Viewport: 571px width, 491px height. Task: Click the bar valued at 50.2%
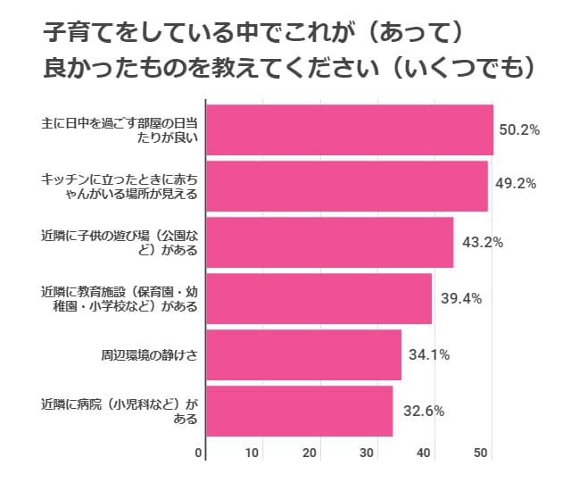(x=350, y=130)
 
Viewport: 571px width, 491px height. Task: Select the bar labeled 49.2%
(x=347, y=186)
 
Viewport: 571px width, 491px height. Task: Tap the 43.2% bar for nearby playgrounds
(x=330, y=242)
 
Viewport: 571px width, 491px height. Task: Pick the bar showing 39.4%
(x=319, y=298)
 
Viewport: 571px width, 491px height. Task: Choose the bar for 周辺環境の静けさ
(x=303, y=354)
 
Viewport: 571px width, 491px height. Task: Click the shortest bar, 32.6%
(x=299, y=411)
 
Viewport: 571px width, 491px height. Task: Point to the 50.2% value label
(x=519, y=130)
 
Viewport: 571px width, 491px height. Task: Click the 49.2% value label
(x=515, y=185)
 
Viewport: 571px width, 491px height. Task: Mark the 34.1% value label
(x=428, y=354)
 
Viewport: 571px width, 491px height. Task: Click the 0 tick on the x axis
(x=199, y=453)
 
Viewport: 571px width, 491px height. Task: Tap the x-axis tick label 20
(x=310, y=453)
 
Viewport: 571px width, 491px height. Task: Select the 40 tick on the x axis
(x=425, y=453)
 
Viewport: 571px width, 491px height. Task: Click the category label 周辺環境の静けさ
(x=148, y=354)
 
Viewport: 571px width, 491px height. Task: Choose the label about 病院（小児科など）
(x=124, y=411)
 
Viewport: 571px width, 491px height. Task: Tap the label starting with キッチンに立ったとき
(x=124, y=186)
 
